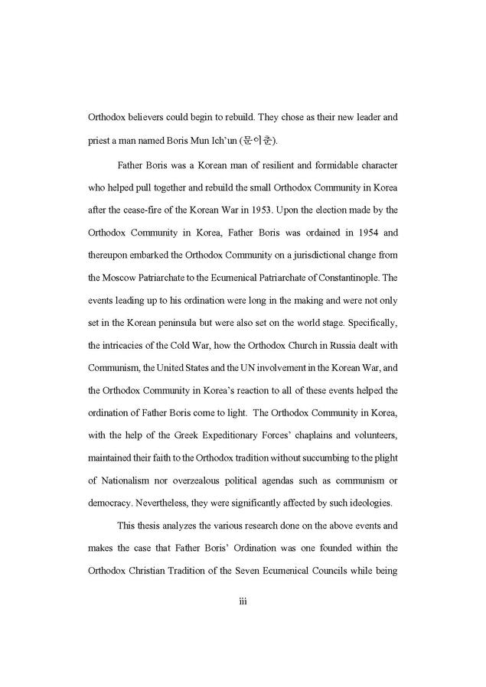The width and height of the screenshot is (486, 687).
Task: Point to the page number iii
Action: [x=243, y=602]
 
